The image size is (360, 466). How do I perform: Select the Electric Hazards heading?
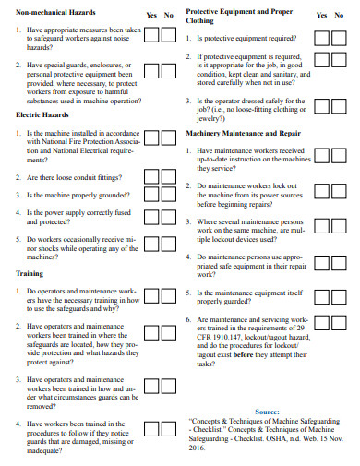(x=42, y=114)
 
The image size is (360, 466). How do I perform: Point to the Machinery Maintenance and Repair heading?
(x=243, y=133)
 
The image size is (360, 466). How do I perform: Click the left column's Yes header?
(x=151, y=16)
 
